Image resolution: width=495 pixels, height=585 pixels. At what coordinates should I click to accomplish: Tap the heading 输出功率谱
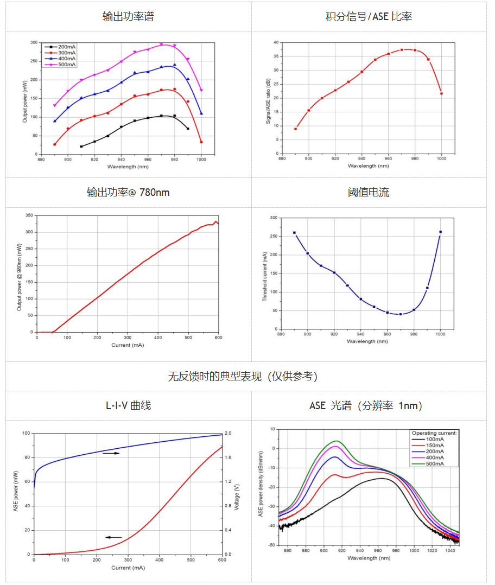(x=128, y=17)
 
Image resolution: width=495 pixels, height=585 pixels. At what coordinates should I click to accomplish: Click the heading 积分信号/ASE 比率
(x=369, y=17)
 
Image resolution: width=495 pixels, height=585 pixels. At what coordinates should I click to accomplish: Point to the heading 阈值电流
(x=369, y=193)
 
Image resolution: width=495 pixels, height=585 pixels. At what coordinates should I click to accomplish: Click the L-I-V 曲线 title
(x=128, y=405)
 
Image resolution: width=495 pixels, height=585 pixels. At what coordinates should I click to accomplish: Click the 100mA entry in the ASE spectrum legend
(x=434, y=439)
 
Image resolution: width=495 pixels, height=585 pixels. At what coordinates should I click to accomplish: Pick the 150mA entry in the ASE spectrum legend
(x=434, y=445)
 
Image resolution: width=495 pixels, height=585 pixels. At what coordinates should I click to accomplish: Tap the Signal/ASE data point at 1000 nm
(x=441, y=93)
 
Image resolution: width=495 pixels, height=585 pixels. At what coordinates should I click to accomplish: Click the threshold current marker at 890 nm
(x=294, y=233)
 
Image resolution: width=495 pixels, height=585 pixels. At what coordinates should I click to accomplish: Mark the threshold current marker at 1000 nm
(x=440, y=232)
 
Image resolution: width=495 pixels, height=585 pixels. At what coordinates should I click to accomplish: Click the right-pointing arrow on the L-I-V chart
(x=111, y=453)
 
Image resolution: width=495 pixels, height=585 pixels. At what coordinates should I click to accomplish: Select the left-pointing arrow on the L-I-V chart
(x=113, y=537)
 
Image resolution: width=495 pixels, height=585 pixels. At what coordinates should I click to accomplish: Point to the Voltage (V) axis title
(x=237, y=494)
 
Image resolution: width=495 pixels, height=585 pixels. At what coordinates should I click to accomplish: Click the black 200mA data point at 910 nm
(x=81, y=147)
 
